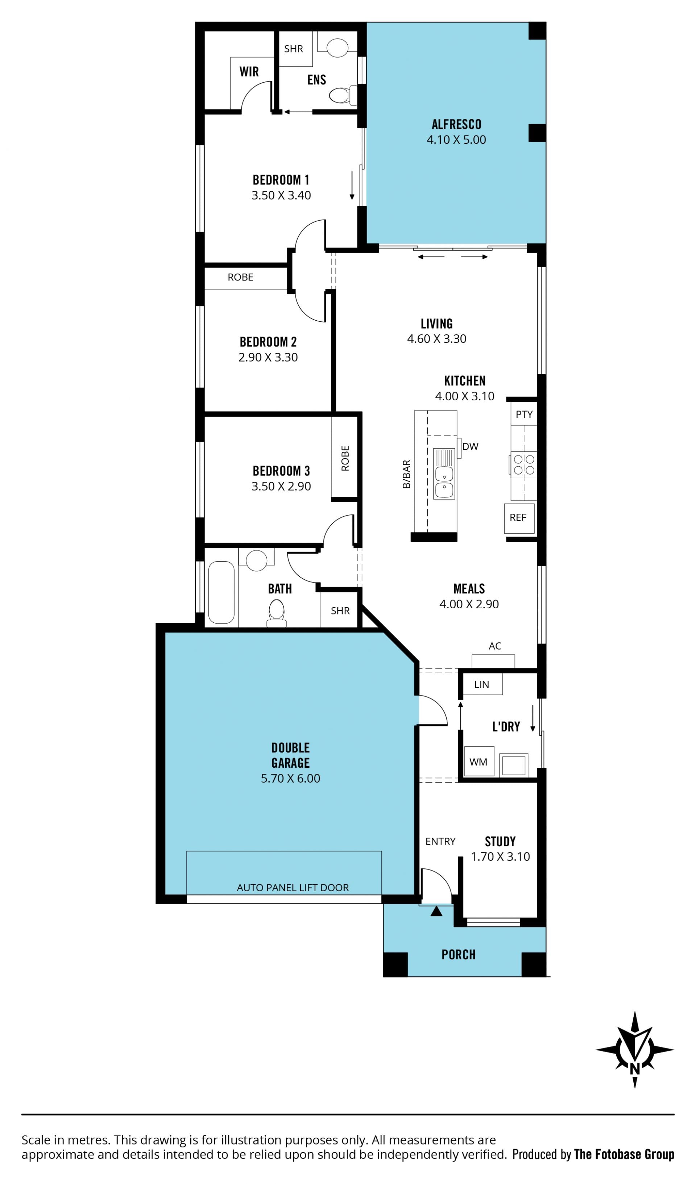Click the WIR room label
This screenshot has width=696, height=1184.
pyautogui.click(x=249, y=71)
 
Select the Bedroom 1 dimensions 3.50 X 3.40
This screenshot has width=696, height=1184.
pyautogui.click(x=281, y=195)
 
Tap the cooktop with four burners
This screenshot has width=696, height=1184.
pyautogui.click(x=523, y=464)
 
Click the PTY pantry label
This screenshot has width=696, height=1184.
pyautogui.click(x=524, y=414)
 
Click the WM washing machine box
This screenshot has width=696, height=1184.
pyautogui.click(x=479, y=762)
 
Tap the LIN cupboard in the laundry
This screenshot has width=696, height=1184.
pyautogui.click(x=482, y=684)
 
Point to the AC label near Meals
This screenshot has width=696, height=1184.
pyautogui.click(x=495, y=646)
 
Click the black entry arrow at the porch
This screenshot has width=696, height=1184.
pyautogui.click(x=436, y=911)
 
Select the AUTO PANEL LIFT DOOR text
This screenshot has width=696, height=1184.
pyautogui.click(x=293, y=888)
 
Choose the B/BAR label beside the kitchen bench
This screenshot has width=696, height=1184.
pyautogui.click(x=406, y=474)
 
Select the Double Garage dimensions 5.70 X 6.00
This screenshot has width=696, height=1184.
pyautogui.click(x=290, y=778)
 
